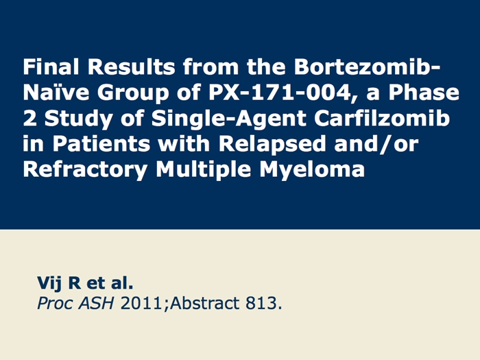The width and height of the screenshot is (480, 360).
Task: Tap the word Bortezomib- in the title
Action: click(367, 67)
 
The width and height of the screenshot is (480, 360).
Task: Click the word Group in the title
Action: click(133, 93)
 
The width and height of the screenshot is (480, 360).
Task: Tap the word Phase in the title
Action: click(424, 92)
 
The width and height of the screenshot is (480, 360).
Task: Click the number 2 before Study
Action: click(29, 118)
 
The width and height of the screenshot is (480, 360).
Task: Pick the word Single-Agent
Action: click(228, 119)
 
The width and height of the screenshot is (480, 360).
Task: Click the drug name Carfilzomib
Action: click(382, 118)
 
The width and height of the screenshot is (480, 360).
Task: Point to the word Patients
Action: click(101, 143)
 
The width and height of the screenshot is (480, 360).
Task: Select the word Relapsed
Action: click(272, 144)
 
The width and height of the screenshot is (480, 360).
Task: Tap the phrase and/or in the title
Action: click(376, 143)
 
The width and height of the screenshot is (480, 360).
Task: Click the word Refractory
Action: click(86, 170)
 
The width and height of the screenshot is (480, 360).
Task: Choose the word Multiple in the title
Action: click(204, 170)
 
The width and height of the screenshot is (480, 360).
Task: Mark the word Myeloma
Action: click(312, 170)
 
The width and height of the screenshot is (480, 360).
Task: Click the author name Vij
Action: click(49, 283)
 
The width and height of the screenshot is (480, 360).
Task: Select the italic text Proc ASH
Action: click(75, 304)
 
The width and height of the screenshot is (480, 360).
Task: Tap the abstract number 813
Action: click(261, 303)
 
